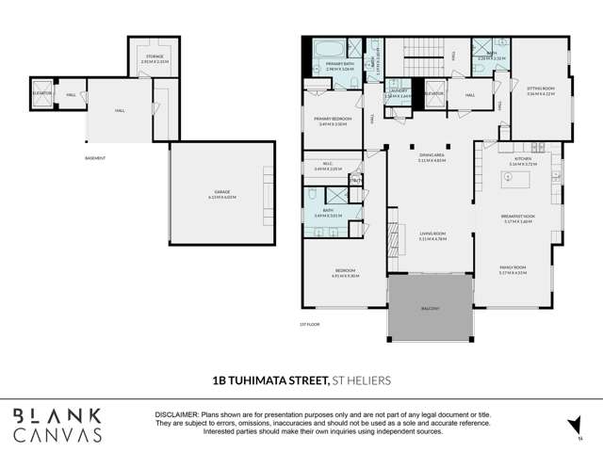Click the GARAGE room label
coord(221,196)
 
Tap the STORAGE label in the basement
coord(154,56)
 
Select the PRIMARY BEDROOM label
coord(331,120)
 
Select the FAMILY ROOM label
coord(513,270)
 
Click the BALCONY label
coord(429,309)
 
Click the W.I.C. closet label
coord(328,167)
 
